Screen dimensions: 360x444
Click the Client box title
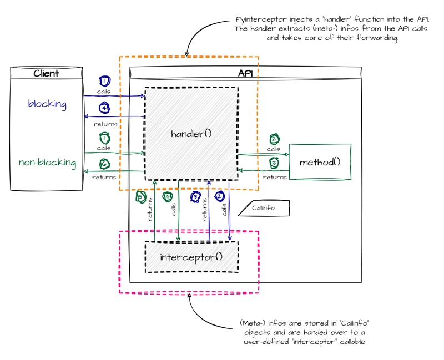pos(46,73)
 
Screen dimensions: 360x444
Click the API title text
pos(245,73)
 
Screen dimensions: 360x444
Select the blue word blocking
pos(47,104)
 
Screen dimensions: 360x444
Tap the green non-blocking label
pos(47,163)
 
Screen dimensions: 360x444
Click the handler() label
pos(191,134)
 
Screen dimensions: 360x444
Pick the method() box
pos(320,162)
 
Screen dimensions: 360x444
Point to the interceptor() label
pos(191,257)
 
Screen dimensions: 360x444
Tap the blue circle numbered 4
pos(104,108)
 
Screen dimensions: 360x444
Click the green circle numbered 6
pos(104,164)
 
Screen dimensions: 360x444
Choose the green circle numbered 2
pos(274,139)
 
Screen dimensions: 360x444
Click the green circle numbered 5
pos(141,196)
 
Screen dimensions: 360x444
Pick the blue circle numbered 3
pos(195,196)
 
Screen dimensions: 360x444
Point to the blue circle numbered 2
pos(220,196)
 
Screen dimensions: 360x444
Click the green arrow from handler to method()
pos(263,154)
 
